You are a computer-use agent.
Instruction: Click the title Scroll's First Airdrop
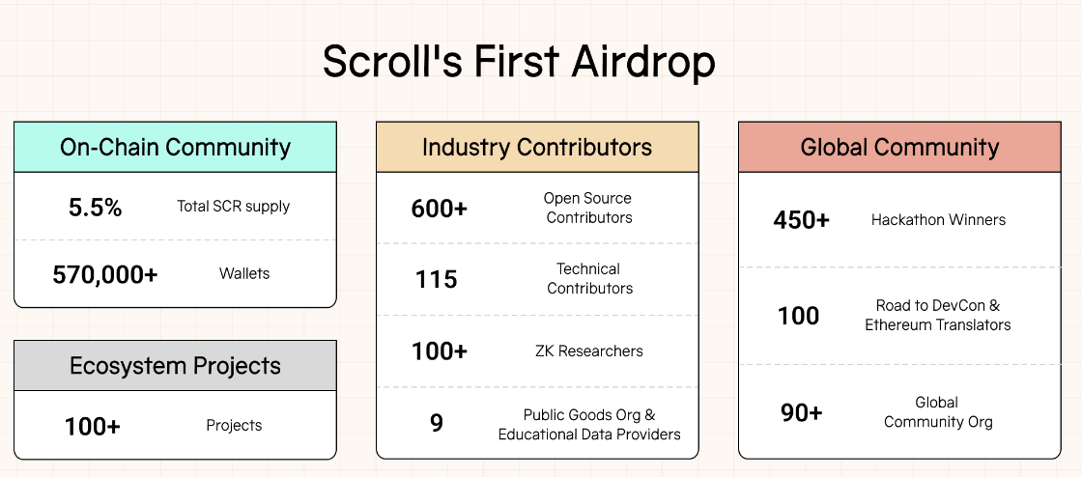(519, 62)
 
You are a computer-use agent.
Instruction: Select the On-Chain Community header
(175, 147)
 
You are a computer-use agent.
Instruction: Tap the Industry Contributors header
(537, 147)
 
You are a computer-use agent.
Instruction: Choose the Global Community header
(899, 147)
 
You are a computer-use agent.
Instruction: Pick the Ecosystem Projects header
(175, 365)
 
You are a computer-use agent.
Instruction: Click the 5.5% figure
(96, 207)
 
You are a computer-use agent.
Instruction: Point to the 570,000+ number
(105, 274)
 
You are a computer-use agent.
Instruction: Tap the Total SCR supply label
(233, 206)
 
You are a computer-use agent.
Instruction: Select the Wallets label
(244, 273)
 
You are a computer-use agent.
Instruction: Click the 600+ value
(439, 209)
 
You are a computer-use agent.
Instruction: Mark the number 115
(436, 279)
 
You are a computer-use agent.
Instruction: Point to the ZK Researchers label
(589, 351)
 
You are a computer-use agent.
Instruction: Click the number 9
(436, 423)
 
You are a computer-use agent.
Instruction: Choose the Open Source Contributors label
(588, 208)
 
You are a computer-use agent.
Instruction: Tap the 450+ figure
(801, 220)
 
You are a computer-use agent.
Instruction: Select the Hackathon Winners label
(938, 220)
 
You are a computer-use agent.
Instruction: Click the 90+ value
(801, 412)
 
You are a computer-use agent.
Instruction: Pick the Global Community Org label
(938, 411)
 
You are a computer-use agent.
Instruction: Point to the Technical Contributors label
(589, 278)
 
